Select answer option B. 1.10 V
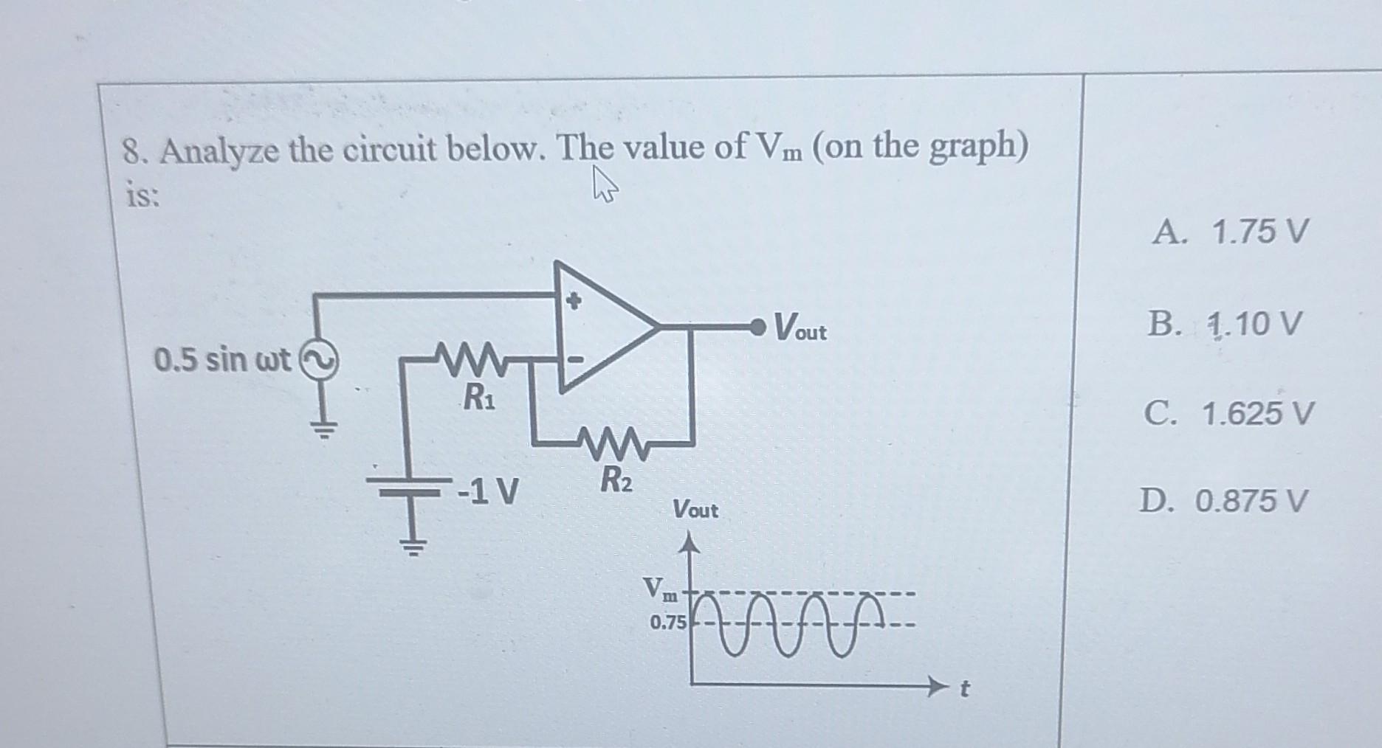pyautogui.click(x=1223, y=325)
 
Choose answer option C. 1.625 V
pyautogui.click(x=1229, y=414)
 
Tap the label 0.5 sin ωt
pyautogui.click(x=224, y=361)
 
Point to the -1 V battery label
pyautogui.click(x=488, y=489)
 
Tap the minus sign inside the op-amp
pyautogui.click(x=577, y=360)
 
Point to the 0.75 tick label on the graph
pyautogui.click(x=667, y=623)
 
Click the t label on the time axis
pyautogui.click(x=963, y=690)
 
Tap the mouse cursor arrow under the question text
pyautogui.click(x=604, y=193)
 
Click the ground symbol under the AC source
pyautogui.click(x=322, y=428)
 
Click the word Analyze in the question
pyautogui.click(x=220, y=152)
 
